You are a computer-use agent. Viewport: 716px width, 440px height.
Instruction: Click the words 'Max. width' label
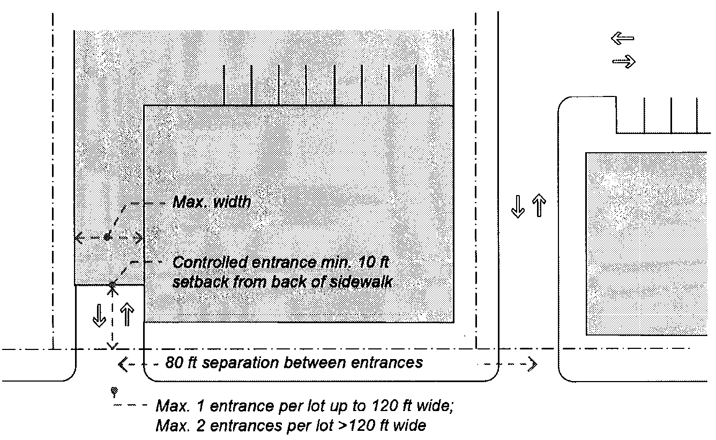tap(212, 202)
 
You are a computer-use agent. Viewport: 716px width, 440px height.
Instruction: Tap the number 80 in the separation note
tap(174, 363)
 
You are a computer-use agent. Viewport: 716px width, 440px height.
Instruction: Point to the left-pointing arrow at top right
tap(622, 38)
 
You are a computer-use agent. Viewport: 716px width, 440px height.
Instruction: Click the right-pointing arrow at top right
tap(624, 61)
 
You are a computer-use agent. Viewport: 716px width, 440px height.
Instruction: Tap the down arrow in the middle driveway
tap(518, 207)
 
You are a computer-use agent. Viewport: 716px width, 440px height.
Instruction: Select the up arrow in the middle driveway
tap(539, 205)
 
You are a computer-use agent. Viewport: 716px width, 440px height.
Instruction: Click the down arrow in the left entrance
tap(99, 316)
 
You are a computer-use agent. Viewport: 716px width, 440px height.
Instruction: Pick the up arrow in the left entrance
tap(127, 315)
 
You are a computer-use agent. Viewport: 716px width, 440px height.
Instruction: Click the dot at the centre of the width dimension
tap(107, 237)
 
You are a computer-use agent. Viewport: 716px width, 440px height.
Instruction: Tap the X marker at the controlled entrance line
tap(112, 287)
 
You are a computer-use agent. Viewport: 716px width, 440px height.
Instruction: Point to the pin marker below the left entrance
tap(114, 392)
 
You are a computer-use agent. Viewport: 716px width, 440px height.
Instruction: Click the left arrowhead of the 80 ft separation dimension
tap(123, 364)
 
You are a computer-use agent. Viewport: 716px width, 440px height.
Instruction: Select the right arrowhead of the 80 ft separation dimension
tap(532, 364)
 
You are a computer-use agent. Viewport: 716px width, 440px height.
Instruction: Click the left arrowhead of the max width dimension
tap(79, 238)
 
